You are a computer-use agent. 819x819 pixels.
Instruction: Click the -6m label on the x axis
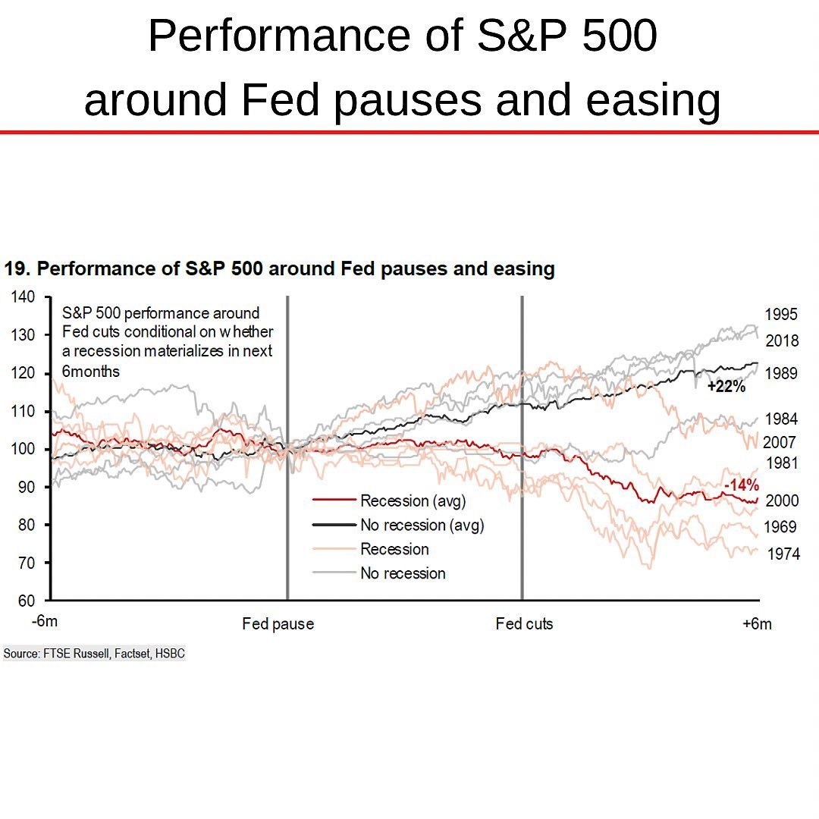pyautogui.click(x=45, y=622)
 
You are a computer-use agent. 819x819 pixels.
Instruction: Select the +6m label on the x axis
pyautogui.click(x=757, y=623)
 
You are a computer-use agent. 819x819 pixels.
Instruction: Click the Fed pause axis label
pyautogui.click(x=278, y=624)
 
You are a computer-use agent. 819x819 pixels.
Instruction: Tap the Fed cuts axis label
pyautogui.click(x=524, y=624)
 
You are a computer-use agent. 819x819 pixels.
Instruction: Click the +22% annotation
pyautogui.click(x=726, y=387)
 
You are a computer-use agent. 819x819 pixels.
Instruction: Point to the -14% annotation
pyautogui.click(x=741, y=486)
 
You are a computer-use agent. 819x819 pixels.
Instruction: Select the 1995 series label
pyautogui.click(x=781, y=315)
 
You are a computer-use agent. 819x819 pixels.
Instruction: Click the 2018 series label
pyautogui.click(x=781, y=341)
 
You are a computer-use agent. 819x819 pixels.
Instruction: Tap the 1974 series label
pyautogui.click(x=783, y=554)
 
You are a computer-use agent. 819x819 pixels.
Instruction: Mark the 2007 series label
pyautogui.click(x=779, y=442)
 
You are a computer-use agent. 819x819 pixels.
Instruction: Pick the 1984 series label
pyautogui.click(x=781, y=419)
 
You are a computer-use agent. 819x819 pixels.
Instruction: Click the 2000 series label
pyautogui.click(x=781, y=501)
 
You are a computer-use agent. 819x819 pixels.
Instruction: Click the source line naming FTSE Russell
pyautogui.click(x=94, y=653)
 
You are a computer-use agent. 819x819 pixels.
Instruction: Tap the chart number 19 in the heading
pyautogui.click(x=15, y=269)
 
